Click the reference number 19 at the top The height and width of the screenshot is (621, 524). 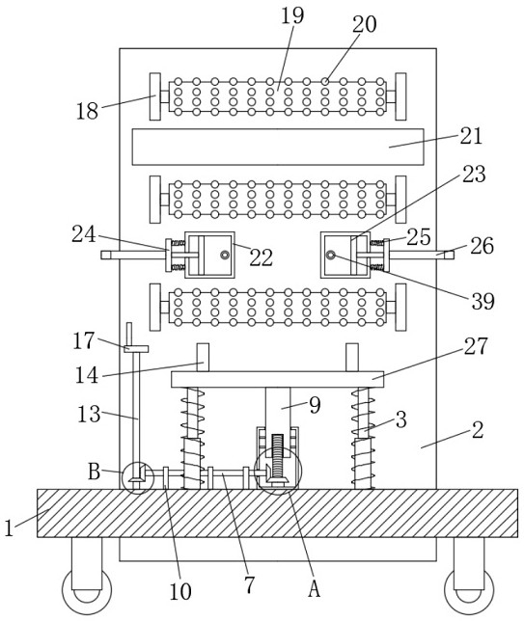point(292,15)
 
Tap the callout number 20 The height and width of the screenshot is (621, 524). point(364,24)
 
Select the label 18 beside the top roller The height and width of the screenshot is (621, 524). point(87,111)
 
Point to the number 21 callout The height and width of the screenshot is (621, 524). point(471,136)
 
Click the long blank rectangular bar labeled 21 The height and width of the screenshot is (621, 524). point(278,147)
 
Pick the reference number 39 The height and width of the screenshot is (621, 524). point(483,302)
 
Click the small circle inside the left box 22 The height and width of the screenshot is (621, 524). point(225,255)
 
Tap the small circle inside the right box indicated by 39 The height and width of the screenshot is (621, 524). point(331,255)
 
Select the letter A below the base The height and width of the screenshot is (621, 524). point(314,588)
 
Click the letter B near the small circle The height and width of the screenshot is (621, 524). point(94,472)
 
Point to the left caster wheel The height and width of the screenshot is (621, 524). point(87,589)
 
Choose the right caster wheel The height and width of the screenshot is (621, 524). point(469,589)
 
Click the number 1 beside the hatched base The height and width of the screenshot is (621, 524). point(9,527)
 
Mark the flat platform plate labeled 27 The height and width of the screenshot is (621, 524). point(278,379)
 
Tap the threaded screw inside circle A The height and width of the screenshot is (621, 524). point(278,457)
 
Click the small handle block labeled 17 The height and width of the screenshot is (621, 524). point(136,348)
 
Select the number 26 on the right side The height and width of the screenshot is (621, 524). point(482,246)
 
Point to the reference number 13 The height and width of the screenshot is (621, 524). point(89,415)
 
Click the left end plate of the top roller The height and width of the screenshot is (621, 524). point(155,96)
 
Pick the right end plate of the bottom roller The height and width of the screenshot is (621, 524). point(400,307)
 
